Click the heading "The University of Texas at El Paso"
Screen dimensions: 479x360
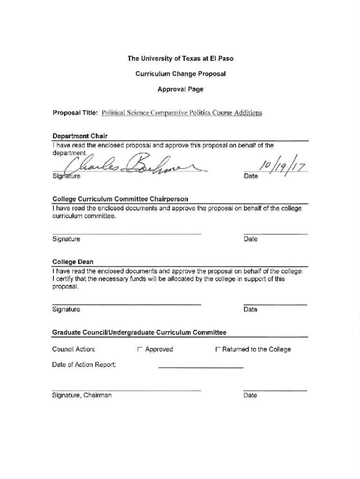click(180, 58)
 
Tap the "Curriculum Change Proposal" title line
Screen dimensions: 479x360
click(180, 73)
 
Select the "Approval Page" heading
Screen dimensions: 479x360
click(180, 89)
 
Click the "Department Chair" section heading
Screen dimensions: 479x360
click(79, 136)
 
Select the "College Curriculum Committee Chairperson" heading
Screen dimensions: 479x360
click(120, 200)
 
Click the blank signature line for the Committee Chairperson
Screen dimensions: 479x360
click(126, 233)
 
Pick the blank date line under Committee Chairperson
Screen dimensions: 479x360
click(275, 233)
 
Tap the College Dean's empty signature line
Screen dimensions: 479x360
click(126, 304)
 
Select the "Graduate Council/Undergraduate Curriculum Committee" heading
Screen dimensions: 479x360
click(139, 333)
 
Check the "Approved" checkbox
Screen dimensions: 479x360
click(139, 349)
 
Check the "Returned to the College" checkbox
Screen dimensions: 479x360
click(217, 349)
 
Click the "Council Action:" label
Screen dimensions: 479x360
click(74, 349)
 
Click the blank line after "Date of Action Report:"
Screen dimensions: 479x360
click(201, 368)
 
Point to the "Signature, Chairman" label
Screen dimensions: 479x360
click(82, 396)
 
